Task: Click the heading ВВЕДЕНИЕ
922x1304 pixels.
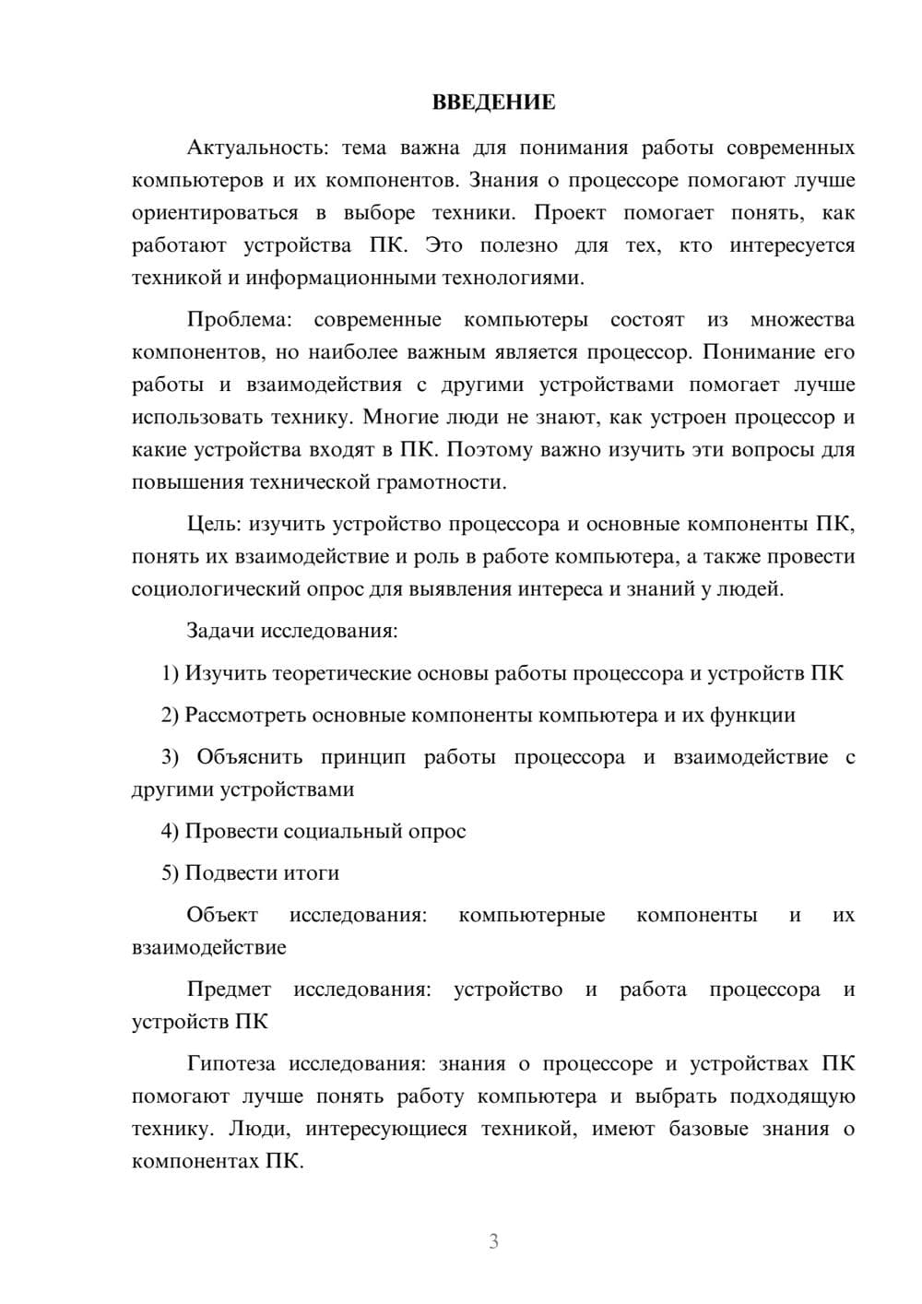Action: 493,102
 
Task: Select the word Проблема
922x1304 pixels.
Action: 239,320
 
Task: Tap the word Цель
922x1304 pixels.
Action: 213,525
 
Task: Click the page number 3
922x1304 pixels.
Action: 493,1241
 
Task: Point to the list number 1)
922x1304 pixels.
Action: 171,673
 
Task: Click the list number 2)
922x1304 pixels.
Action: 171,716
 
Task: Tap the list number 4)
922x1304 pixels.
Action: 171,832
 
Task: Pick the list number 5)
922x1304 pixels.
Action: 171,873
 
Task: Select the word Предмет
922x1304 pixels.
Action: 229,990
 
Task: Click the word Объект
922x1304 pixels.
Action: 222,915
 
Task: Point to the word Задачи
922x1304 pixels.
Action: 220,632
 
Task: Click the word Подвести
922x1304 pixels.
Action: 223,873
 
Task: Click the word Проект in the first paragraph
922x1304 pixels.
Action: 570,213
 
